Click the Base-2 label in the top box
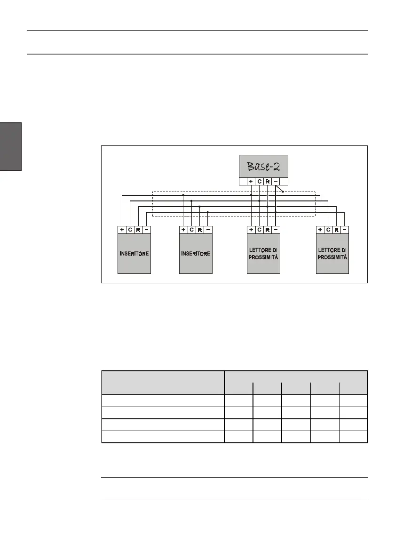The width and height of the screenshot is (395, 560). coord(263,166)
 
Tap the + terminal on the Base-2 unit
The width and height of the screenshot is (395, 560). coord(251,181)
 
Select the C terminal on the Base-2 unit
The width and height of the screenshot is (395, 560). coord(259,181)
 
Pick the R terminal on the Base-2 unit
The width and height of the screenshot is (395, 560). coord(267,181)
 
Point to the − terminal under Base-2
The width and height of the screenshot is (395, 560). coord(276,181)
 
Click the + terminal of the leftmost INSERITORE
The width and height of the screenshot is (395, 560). coord(122,230)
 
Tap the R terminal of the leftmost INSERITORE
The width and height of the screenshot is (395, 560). coord(138,230)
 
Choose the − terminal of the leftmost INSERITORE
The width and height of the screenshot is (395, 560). coord(147,230)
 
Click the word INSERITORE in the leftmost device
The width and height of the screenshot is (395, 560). coord(134,254)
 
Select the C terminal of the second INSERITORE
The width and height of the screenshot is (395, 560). coord(192,230)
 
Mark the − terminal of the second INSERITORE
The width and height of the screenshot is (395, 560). coord(208,230)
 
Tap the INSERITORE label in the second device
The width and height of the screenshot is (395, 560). coord(196,254)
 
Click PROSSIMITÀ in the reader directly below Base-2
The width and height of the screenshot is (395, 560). coord(264,257)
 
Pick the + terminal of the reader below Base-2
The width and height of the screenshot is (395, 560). coord(251,230)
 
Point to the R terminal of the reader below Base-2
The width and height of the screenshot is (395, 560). coord(268,230)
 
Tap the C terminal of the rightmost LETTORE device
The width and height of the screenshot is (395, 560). coord(328,230)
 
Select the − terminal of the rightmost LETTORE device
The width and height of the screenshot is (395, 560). coord(345,230)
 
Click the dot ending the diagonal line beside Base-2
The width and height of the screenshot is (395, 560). coord(283,192)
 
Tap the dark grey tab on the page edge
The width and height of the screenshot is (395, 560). coord(11,146)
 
